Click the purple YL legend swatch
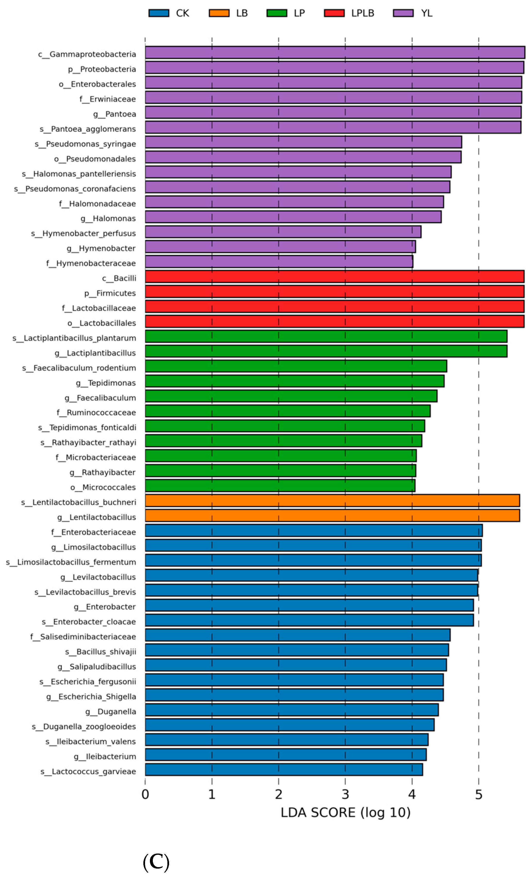click(x=403, y=13)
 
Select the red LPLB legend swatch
click(x=334, y=13)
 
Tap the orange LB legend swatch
click(x=219, y=13)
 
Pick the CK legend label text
click(x=182, y=13)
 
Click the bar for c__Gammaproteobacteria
click(x=334, y=52)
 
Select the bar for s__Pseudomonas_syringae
click(x=303, y=142)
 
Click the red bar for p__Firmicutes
click(x=334, y=291)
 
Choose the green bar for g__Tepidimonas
click(x=294, y=381)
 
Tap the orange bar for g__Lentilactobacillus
click(x=332, y=515)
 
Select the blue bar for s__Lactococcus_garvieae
click(x=284, y=769)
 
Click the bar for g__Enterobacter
click(x=309, y=605)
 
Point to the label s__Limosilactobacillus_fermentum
click(x=71, y=562)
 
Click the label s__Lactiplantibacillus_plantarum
click(x=74, y=338)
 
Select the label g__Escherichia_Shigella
click(x=91, y=697)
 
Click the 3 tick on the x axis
click(x=345, y=794)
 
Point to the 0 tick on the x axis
click(x=145, y=794)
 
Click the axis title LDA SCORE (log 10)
click(x=345, y=813)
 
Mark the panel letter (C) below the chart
click(x=156, y=862)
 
